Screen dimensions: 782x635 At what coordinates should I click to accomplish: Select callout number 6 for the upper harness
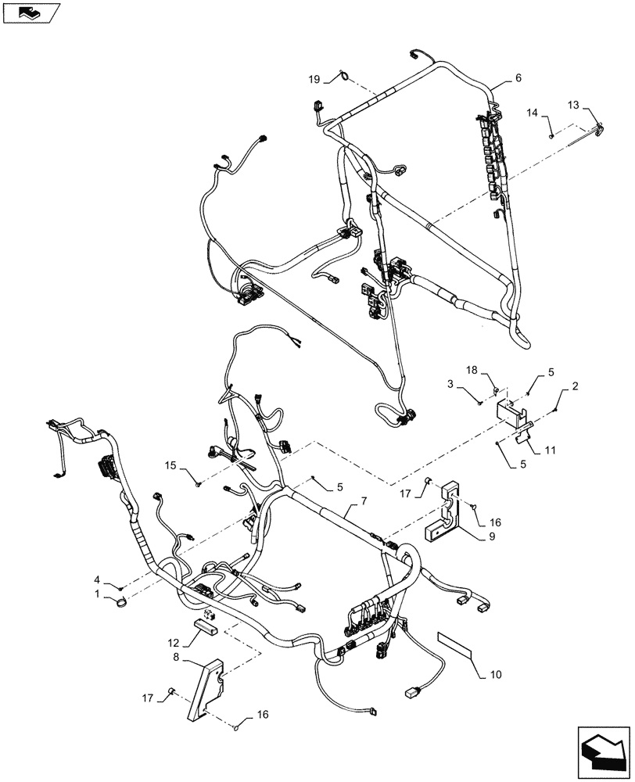click(518, 78)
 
